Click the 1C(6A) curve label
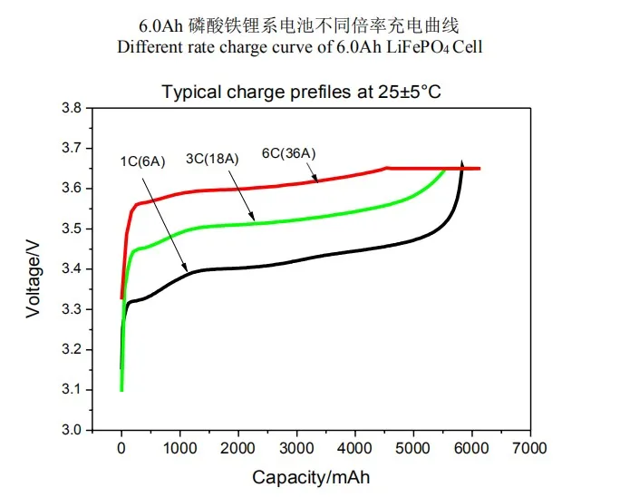point(141,162)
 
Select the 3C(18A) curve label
point(212,159)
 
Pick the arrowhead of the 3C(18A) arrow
point(257,220)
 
